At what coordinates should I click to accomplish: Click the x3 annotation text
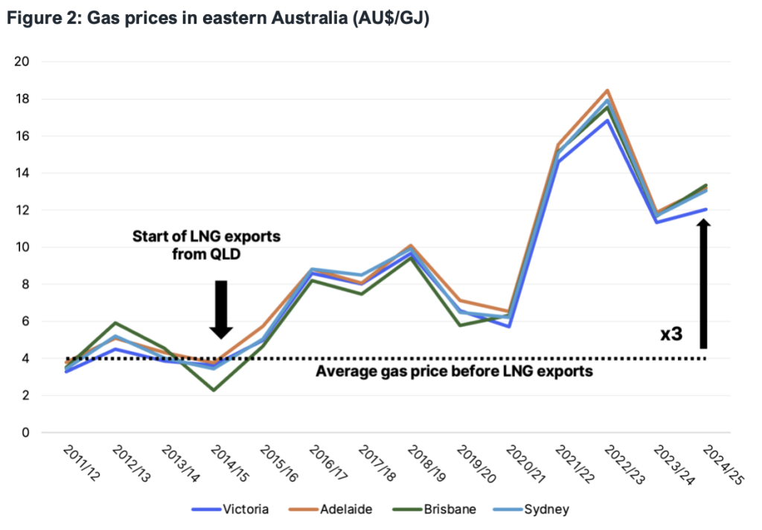672,335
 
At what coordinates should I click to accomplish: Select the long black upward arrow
704,282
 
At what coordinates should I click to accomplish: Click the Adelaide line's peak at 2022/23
607,91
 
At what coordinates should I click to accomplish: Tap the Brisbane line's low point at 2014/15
214,390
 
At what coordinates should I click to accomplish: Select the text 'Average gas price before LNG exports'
455,371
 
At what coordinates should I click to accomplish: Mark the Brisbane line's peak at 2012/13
116,323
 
